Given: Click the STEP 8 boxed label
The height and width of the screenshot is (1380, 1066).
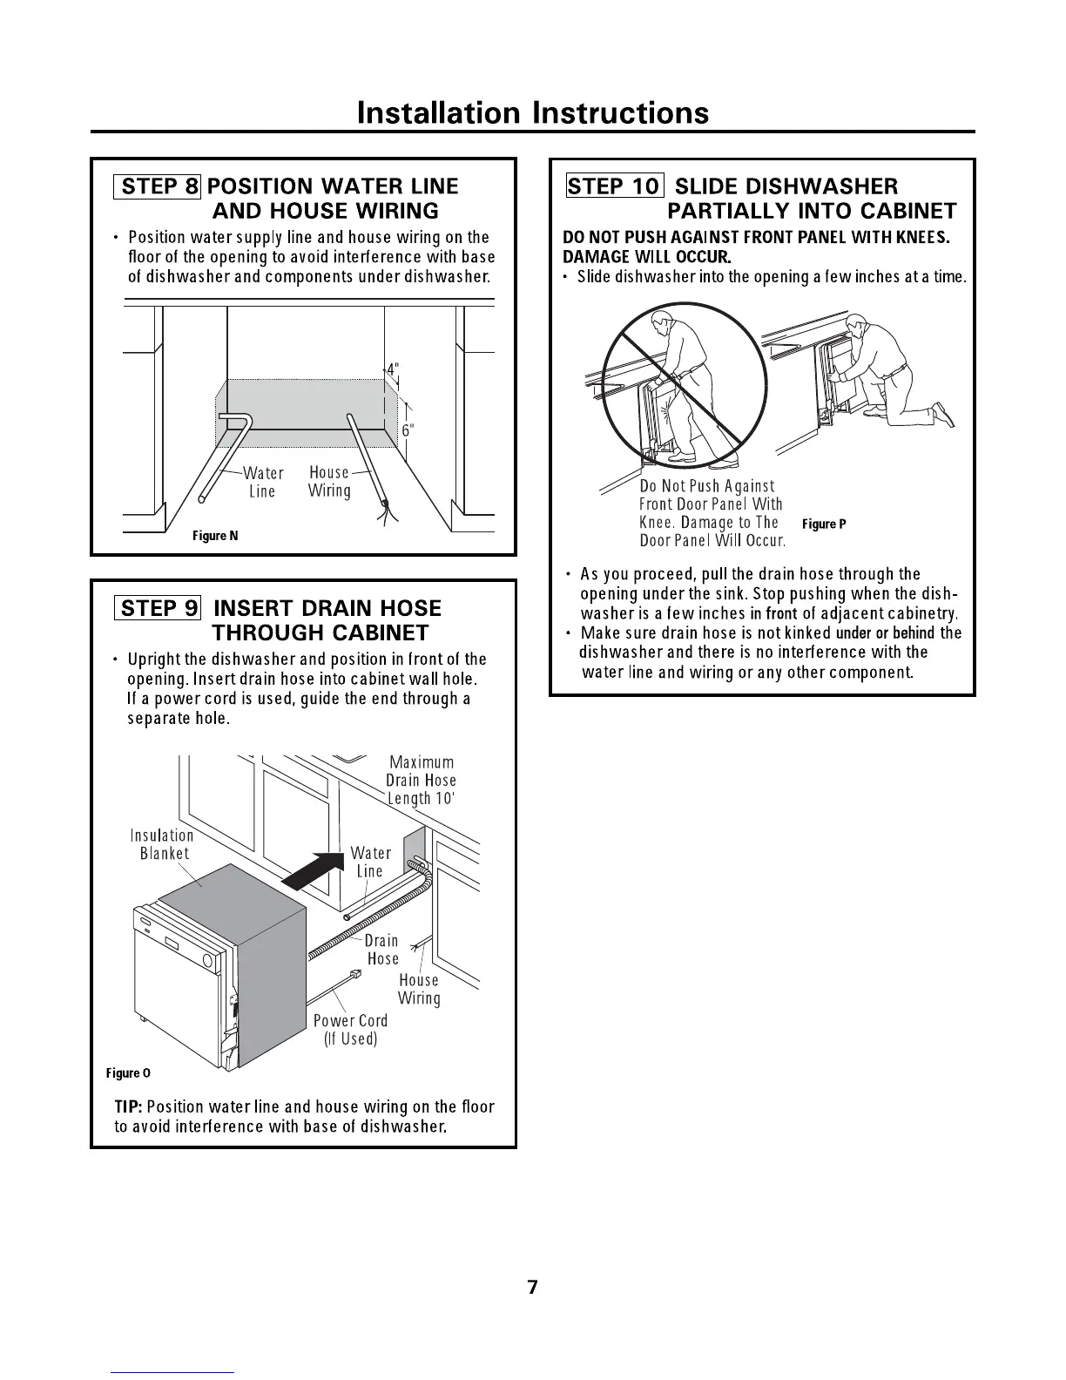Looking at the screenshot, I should (x=157, y=186).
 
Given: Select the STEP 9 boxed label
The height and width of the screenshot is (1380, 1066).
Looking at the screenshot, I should (x=157, y=607).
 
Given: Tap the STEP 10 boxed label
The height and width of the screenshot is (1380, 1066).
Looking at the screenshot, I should (x=615, y=186).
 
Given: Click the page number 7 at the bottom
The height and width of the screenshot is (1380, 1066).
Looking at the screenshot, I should (x=533, y=1288).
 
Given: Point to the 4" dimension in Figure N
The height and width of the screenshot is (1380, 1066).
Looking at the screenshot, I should (x=394, y=369).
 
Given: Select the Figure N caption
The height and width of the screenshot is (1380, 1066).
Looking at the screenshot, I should (x=215, y=536).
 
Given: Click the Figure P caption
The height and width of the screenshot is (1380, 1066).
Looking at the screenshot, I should (x=824, y=524).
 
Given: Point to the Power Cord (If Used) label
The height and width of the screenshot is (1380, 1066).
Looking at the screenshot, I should (x=350, y=1029).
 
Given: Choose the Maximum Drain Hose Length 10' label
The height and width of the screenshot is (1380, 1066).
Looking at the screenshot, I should (x=422, y=781).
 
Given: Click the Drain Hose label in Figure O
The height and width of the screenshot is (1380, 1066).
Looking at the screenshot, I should (x=382, y=950).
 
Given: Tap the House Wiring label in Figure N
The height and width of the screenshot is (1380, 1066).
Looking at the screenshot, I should (x=329, y=481).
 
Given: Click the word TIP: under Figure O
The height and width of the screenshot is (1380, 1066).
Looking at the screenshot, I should (x=129, y=1106).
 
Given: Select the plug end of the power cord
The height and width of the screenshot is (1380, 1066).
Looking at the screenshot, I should (x=354, y=973).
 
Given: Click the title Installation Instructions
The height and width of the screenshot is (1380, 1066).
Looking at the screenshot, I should (x=533, y=113).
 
